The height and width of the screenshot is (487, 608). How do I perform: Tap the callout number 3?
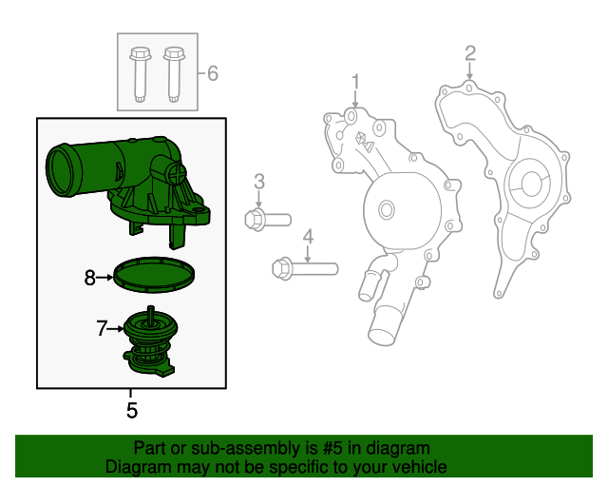[x=258, y=181]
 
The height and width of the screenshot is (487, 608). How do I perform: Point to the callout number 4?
[x=308, y=237]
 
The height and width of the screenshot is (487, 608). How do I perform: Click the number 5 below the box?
[x=132, y=411]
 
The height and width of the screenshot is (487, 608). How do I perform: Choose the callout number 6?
[x=212, y=73]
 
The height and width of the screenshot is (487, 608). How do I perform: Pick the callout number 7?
[x=102, y=329]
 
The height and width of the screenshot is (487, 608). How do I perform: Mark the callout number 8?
[x=90, y=278]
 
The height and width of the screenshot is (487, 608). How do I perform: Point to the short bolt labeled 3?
[x=267, y=220]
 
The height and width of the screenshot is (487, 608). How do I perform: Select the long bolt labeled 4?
[x=304, y=268]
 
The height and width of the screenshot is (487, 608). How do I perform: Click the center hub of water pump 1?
[x=386, y=209]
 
